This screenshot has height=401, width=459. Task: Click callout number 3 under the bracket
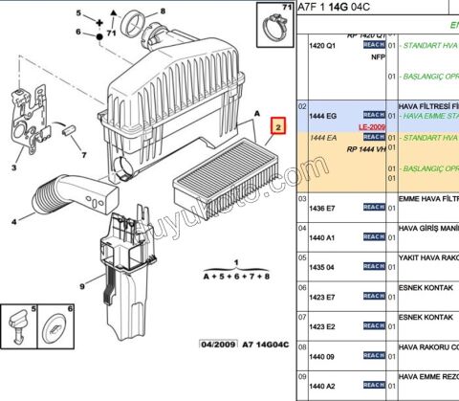point(12,167)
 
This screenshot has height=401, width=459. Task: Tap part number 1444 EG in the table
point(322,115)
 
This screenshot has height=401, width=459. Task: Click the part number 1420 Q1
point(323,45)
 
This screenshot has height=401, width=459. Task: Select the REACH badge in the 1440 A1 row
point(374,236)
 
